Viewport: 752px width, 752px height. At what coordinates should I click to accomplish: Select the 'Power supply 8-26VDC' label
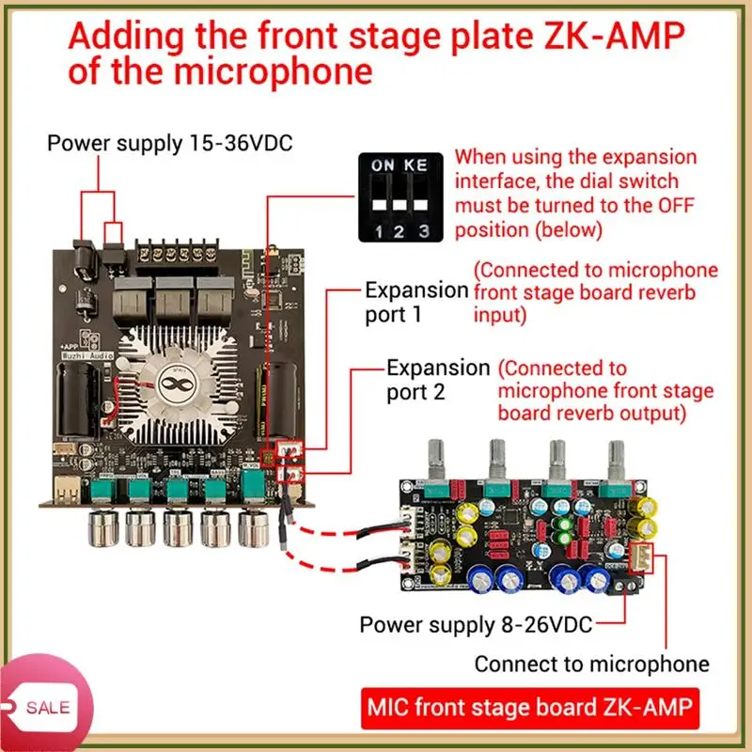476,624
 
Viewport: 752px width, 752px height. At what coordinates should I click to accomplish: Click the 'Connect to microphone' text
591,664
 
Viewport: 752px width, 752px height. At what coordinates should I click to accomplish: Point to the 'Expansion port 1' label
415,302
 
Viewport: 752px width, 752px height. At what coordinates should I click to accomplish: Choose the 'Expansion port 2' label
438,379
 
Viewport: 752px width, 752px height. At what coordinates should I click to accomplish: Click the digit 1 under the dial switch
376,230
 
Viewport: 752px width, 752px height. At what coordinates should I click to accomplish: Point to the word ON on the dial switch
383,164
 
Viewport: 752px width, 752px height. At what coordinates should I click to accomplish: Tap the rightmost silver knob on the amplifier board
253,527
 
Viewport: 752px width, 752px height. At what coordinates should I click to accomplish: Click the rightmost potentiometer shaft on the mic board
617,456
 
